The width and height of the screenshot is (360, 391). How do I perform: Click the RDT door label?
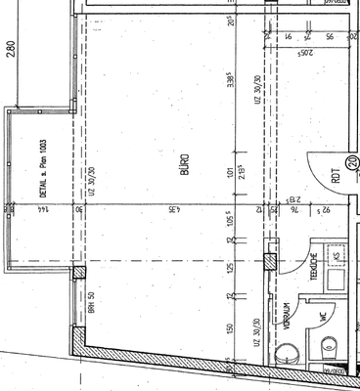[336, 176]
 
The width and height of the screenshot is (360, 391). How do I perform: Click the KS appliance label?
[337, 256]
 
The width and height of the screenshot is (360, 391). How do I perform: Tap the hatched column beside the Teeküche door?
[270, 262]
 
